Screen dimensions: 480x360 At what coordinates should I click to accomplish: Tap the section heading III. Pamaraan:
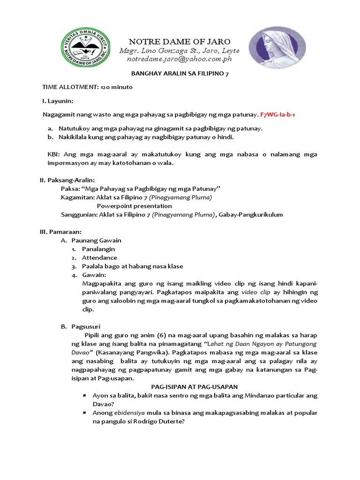(x=60, y=232)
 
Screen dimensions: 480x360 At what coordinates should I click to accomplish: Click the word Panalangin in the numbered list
(x=98, y=249)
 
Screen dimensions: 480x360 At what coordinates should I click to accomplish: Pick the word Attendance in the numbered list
(x=99, y=257)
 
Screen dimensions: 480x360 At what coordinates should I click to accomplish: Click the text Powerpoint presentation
(x=134, y=206)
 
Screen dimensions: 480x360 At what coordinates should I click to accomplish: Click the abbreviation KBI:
(x=55, y=155)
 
